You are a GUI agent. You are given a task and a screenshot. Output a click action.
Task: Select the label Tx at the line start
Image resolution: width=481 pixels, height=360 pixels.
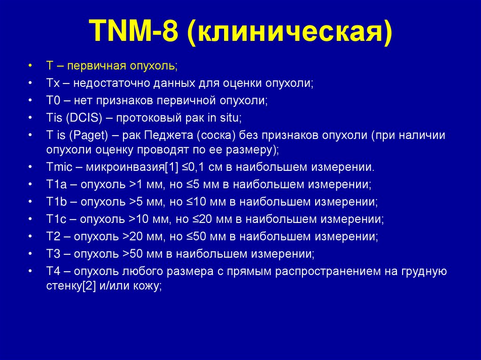[51, 84]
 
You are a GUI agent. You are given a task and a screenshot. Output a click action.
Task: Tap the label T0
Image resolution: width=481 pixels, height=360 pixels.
[52, 100]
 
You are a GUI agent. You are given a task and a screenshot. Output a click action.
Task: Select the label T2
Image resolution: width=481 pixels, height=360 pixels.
[52, 236]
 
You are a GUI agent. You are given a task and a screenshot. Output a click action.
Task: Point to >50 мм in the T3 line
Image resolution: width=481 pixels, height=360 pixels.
[139, 253]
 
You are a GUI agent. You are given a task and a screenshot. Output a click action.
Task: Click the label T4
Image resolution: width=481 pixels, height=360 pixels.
[52, 271]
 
